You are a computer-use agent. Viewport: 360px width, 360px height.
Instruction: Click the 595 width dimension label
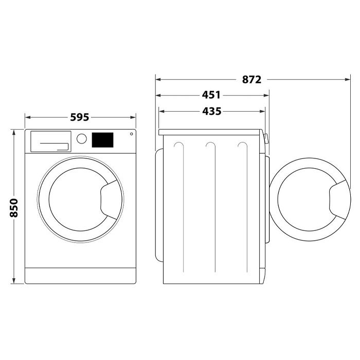pyautogui.click(x=79, y=117)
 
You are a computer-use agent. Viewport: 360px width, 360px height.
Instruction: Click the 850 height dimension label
pyautogui.click(x=14, y=208)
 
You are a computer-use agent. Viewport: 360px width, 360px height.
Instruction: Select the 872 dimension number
pyautogui.click(x=251, y=80)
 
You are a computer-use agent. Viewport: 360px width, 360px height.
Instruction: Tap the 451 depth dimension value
pyautogui.click(x=211, y=95)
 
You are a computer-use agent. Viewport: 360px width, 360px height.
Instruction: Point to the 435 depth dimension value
pyautogui.click(x=212, y=112)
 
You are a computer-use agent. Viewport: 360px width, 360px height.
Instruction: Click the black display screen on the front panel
pyautogui.click(x=103, y=140)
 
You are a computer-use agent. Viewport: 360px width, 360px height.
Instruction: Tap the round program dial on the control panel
pyautogui.click(x=81, y=139)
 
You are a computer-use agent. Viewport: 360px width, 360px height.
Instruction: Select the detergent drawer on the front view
pyautogui.click(x=51, y=141)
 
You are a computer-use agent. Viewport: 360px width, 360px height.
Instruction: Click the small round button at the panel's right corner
pyautogui.click(x=131, y=134)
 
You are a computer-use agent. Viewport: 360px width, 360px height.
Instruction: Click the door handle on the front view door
pyautogui.click(x=110, y=200)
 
